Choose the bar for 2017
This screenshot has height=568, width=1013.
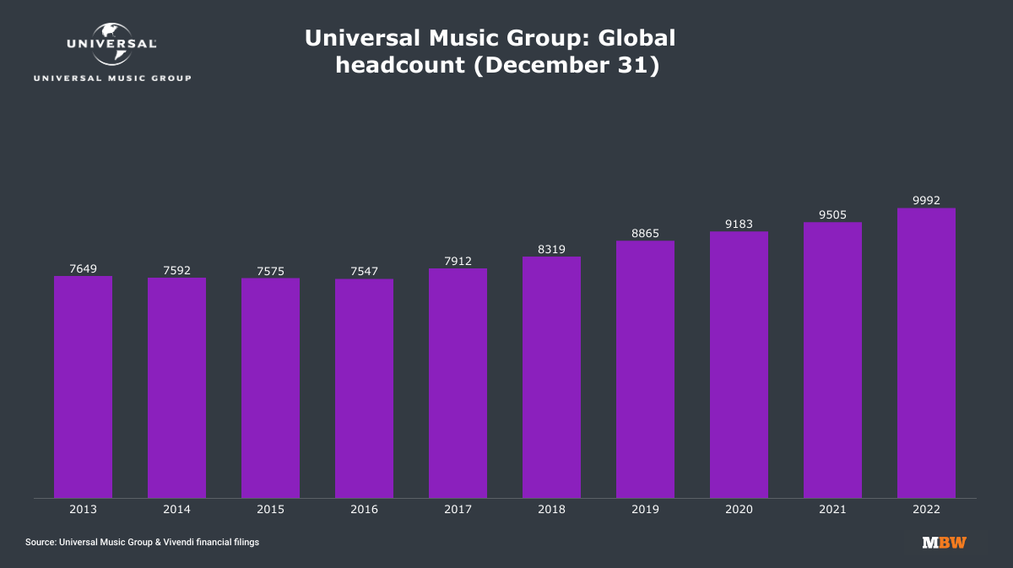458,383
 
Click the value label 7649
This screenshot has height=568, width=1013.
83,269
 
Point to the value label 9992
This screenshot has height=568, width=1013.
926,201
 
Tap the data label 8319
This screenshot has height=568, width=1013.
551,249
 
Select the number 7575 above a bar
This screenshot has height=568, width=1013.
270,271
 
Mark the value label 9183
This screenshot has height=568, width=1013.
739,224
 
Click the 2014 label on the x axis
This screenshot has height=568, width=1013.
176,510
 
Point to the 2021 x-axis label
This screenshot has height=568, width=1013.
832,510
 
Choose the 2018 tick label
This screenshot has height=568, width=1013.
551,510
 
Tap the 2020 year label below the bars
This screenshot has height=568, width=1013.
739,510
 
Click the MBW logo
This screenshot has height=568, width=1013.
944,543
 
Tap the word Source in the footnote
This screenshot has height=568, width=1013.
40,543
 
